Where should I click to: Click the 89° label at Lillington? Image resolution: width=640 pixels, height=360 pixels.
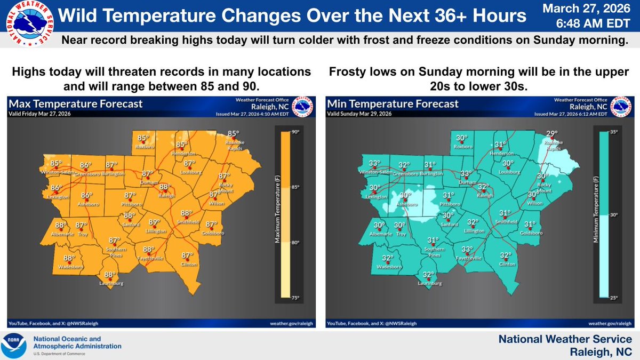point(154,223)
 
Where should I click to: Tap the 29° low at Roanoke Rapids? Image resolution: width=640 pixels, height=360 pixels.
point(551,134)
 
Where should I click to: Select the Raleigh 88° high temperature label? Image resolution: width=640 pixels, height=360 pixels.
point(165,187)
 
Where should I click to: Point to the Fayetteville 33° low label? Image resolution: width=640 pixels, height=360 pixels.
point(467,250)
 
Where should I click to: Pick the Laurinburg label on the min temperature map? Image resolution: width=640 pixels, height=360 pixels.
point(428,284)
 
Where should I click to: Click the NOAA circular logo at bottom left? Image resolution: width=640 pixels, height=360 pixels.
point(16,346)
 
